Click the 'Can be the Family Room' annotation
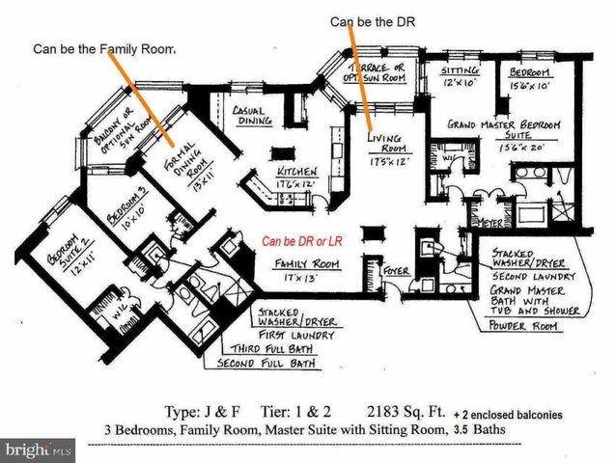click(105, 47)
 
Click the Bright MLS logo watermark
click(39, 450)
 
